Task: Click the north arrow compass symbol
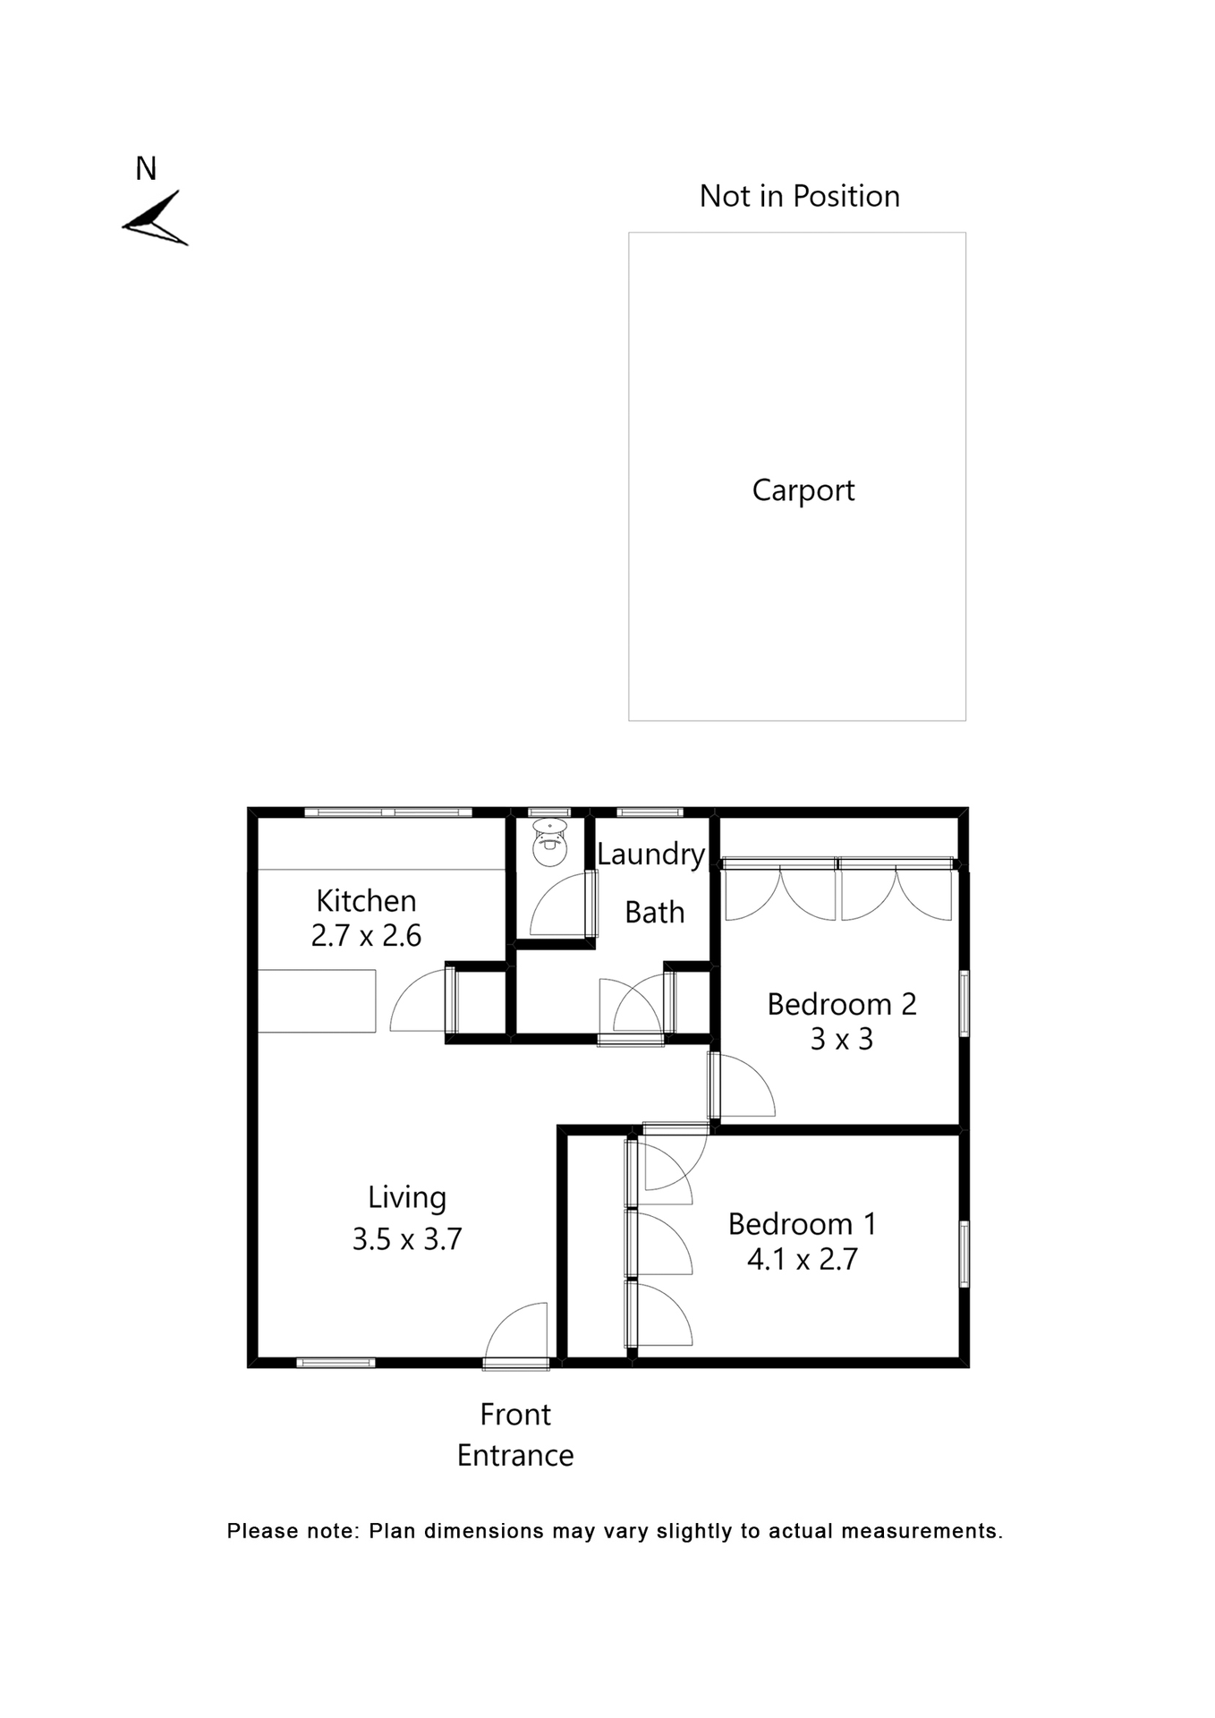coord(156,220)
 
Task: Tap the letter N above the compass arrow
coord(146,169)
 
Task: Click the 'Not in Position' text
coord(799,196)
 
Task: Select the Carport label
coord(803,490)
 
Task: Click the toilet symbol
coord(548,840)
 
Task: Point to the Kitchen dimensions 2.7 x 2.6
coord(366,936)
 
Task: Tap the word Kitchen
coord(366,900)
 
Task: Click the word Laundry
coord(650,855)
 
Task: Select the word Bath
coord(654,913)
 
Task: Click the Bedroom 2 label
coord(842,1004)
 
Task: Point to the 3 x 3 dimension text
coord(841,1040)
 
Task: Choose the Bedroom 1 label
coord(802,1224)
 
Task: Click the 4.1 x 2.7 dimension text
coord(802,1260)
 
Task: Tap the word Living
coord(406,1197)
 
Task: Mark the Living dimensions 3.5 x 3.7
coord(406,1239)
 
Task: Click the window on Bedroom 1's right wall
coord(964,1254)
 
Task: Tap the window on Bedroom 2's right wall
coord(964,1004)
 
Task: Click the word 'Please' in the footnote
coord(261,1531)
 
